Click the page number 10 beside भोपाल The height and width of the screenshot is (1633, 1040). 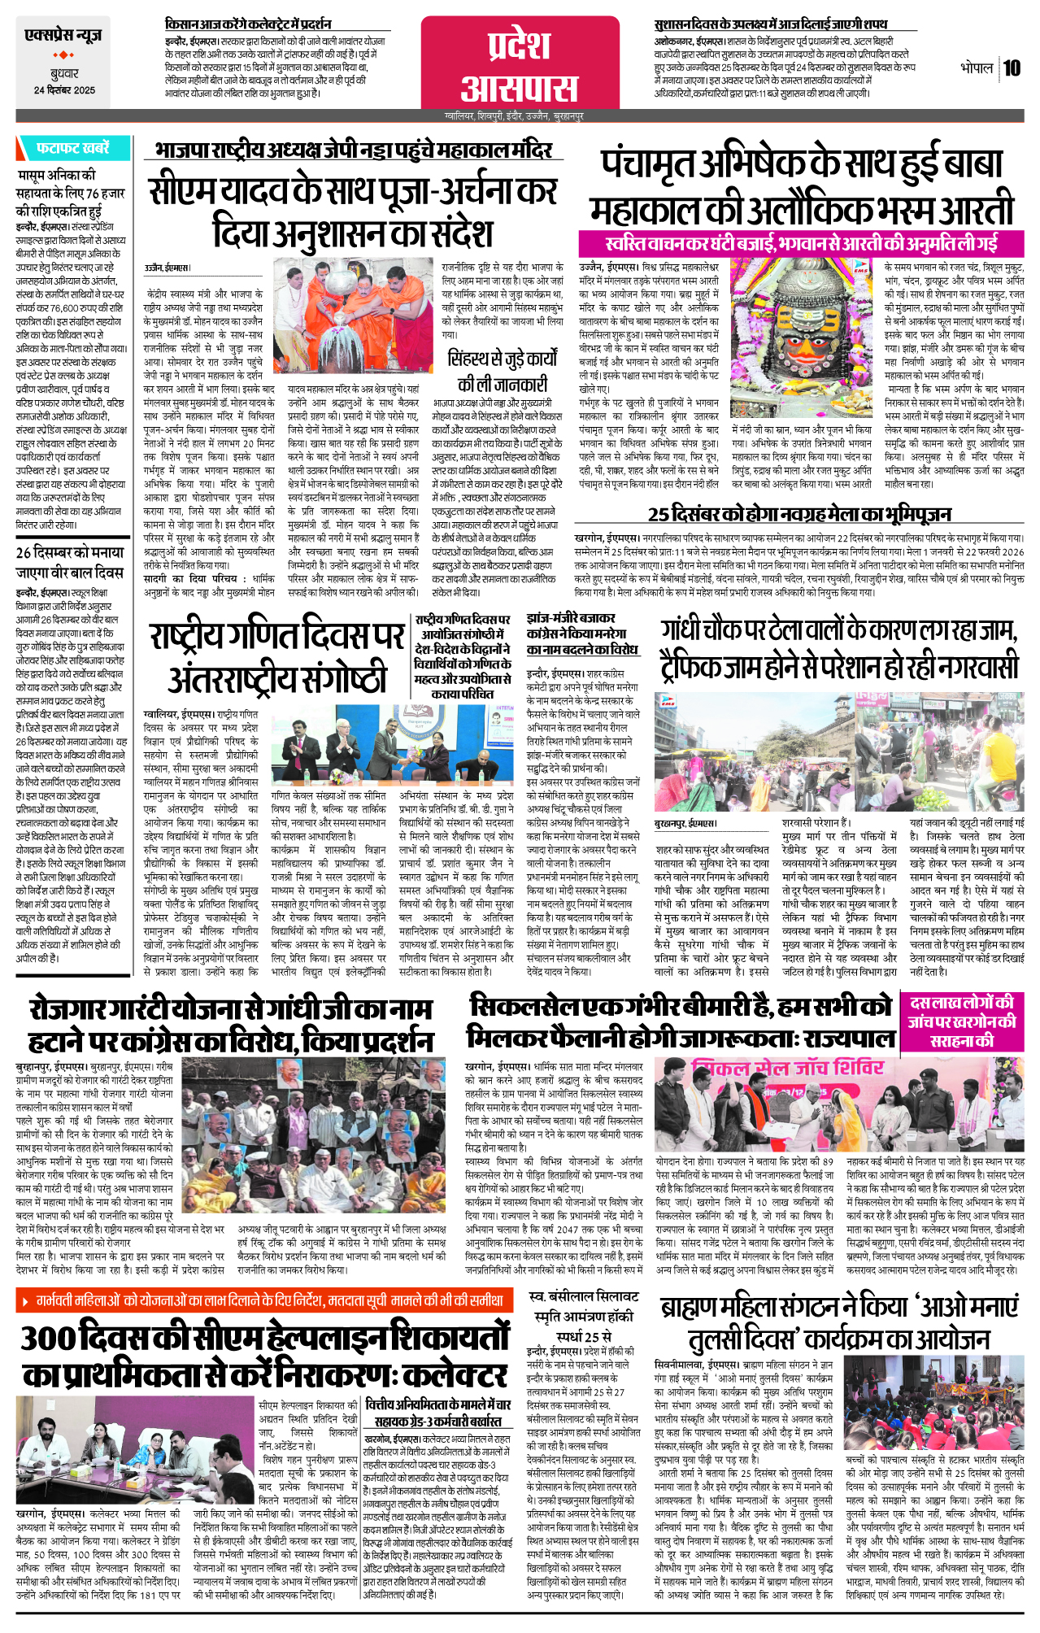(x=1011, y=67)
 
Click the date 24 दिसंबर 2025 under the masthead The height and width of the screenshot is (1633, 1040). (x=64, y=90)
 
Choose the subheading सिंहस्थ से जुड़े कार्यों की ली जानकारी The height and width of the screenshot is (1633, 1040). (x=503, y=371)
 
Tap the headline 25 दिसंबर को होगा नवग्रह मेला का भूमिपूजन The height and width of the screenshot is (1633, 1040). (x=799, y=514)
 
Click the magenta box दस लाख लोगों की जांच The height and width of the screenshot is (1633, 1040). (x=962, y=1021)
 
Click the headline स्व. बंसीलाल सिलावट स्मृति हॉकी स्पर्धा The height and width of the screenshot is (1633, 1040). (x=584, y=1317)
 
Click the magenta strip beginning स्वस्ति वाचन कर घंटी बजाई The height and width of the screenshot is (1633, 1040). (x=800, y=243)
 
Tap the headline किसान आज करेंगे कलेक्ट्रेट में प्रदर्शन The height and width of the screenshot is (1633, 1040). (x=248, y=24)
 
